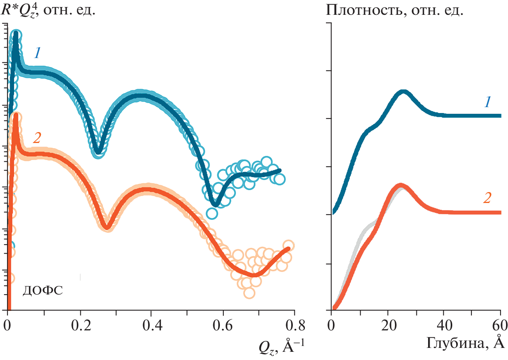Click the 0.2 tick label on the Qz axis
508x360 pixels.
(x=80, y=324)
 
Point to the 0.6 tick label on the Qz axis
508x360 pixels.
(x=223, y=324)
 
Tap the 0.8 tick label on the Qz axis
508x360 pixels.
(x=294, y=324)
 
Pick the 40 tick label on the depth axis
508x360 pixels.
(x=444, y=324)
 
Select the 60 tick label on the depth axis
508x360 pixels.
(x=500, y=324)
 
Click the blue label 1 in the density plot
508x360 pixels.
(x=488, y=102)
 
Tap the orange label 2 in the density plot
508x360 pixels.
(x=487, y=198)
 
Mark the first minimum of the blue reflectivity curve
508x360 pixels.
(x=99, y=151)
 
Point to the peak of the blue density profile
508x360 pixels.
(x=404, y=92)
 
